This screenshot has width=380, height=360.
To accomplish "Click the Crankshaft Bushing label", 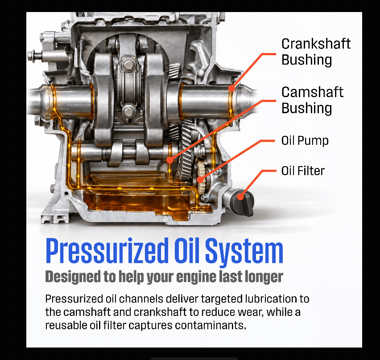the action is click(316, 52).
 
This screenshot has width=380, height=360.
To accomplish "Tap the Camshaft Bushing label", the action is click(312, 100).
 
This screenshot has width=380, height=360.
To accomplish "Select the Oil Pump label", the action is click(305, 141).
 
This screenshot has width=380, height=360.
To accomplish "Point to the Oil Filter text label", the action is click(303, 171).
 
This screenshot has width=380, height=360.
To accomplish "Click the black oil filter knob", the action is click(242, 202).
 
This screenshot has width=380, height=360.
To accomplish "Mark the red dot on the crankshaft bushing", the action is click(231, 89).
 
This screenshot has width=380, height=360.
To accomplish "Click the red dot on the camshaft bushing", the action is click(170, 160).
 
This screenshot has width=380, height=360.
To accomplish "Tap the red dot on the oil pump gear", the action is click(200, 180).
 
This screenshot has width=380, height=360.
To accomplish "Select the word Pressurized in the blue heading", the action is click(107, 250).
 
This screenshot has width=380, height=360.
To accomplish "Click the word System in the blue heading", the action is click(244, 251).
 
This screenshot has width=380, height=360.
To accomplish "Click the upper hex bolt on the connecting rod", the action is click(128, 65).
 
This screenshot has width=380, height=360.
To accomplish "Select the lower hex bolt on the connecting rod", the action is click(128, 112).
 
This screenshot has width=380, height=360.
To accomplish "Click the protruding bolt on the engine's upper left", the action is click(37, 56).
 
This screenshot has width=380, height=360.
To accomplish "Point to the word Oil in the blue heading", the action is click(186, 250).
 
